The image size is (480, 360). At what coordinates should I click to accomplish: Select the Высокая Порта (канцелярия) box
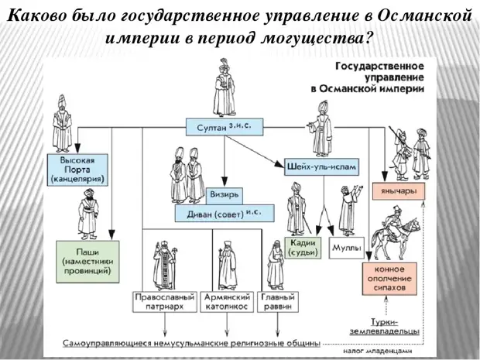(77, 170)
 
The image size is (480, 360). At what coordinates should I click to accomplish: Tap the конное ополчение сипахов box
(390, 277)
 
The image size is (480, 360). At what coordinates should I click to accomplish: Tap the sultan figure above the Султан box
(225, 85)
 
